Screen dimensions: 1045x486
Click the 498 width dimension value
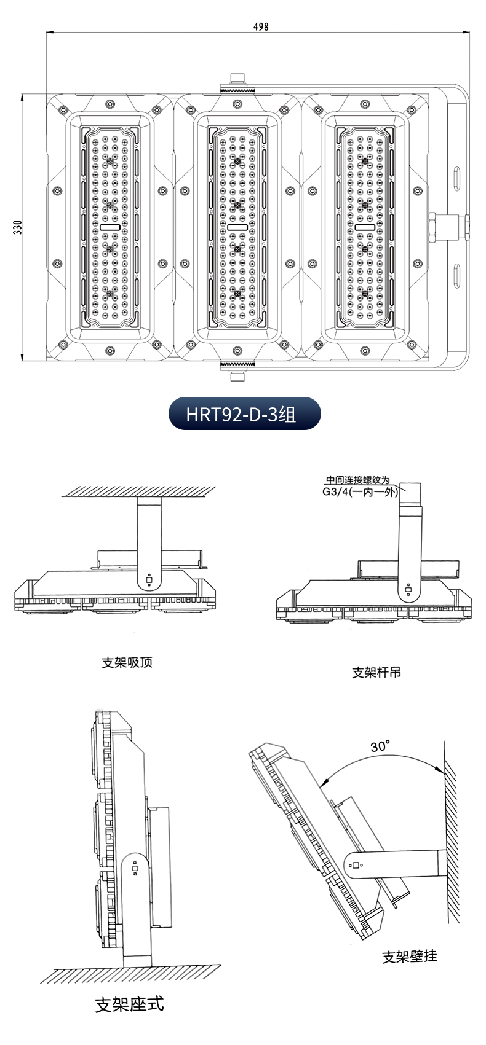click(x=261, y=27)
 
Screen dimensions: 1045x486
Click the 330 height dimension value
click(x=17, y=228)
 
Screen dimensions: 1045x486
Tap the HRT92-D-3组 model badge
click(x=244, y=413)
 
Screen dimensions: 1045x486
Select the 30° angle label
click(x=380, y=746)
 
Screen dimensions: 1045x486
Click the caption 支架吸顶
click(x=127, y=662)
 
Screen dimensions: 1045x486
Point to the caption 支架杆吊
click(x=376, y=672)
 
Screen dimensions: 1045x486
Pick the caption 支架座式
click(x=130, y=1004)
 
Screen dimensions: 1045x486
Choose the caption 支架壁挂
click(x=410, y=956)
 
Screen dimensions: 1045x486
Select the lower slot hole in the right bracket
click(x=457, y=275)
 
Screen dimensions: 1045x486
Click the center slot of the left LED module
click(x=110, y=227)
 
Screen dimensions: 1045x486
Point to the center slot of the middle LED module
click(x=237, y=227)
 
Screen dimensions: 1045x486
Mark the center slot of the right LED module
click(x=364, y=227)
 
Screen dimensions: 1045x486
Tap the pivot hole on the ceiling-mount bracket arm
click(x=149, y=578)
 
